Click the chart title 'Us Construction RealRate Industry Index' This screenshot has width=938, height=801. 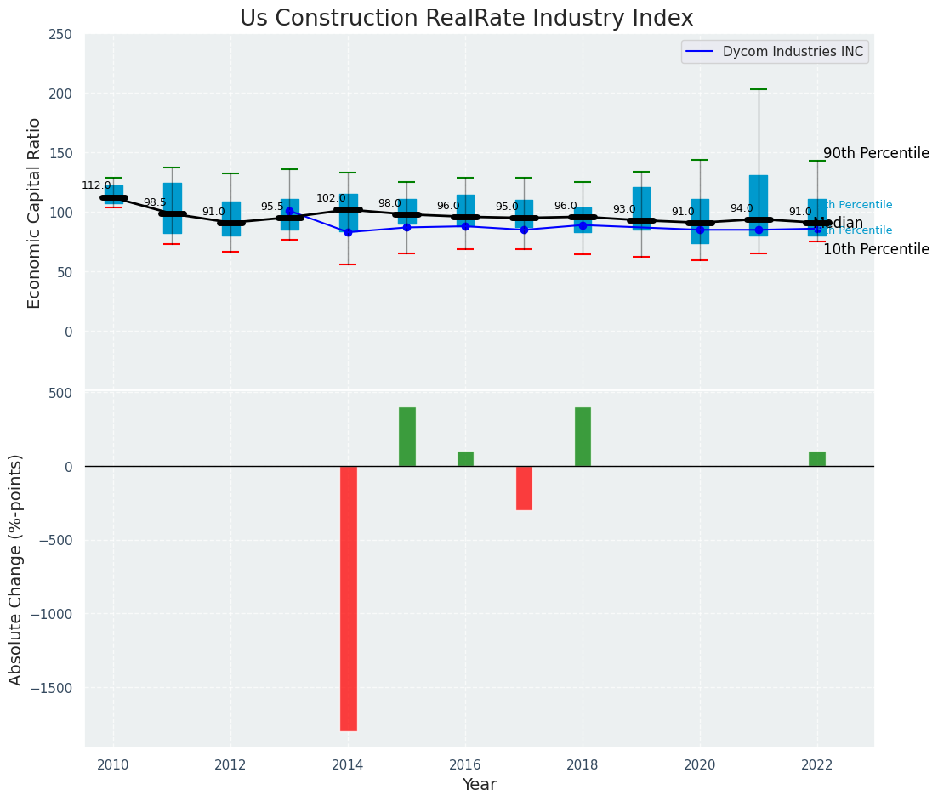pyautogui.click(x=466, y=19)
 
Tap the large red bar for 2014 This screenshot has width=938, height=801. pyautogui.click(x=349, y=598)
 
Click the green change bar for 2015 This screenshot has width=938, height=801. pyautogui.click(x=407, y=436)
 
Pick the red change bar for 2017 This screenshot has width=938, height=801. pyautogui.click(x=524, y=487)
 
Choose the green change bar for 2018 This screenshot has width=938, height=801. pyautogui.click(x=583, y=436)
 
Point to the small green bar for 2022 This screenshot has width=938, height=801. pyautogui.click(x=817, y=458)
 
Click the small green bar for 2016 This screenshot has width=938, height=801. pyautogui.click(x=465, y=458)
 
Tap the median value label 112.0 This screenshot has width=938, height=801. pyautogui.click(x=96, y=185)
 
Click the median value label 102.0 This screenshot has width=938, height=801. pyautogui.click(x=331, y=198)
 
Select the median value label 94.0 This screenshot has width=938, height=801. pyautogui.click(x=742, y=208)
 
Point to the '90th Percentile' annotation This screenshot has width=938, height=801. pyautogui.click(x=876, y=153)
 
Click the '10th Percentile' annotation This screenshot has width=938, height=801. pyautogui.click(x=876, y=249)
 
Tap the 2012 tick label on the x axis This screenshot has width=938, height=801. pyautogui.click(x=230, y=764)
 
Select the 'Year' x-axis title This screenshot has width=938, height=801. pyautogui.click(x=480, y=785)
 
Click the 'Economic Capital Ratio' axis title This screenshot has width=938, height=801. pyautogui.click(x=35, y=213)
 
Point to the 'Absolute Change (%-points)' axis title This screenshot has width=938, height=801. pyautogui.click(x=16, y=569)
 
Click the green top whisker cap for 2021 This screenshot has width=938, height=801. pyautogui.click(x=759, y=89)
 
